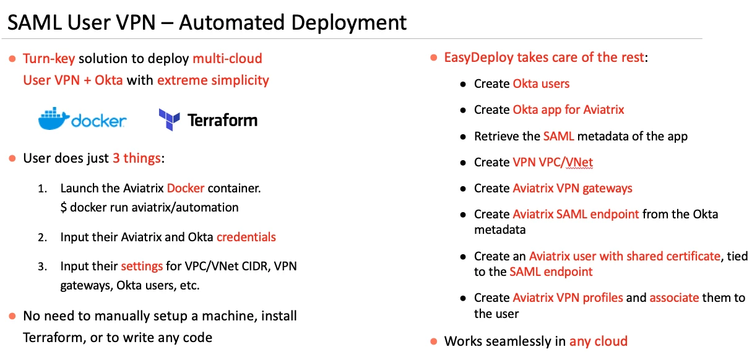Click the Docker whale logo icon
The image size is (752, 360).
click(53, 119)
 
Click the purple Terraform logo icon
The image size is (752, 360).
click(169, 119)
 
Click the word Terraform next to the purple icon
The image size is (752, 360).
click(222, 119)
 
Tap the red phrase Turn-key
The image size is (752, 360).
click(49, 59)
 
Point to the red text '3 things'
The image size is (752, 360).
click(136, 158)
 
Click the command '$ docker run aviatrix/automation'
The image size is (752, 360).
click(149, 207)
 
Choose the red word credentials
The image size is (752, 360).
click(246, 237)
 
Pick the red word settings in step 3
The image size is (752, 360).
click(142, 267)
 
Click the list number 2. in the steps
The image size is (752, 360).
click(42, 237)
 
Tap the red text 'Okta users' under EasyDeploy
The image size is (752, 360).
click(541, 84)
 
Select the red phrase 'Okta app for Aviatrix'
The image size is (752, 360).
click(568, 110)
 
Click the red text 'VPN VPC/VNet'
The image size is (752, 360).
click(553, 163)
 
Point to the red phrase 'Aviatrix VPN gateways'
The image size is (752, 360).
click(573, 188)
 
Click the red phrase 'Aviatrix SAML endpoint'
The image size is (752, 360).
click(576, 215)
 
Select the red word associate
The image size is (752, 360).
click(674, 298)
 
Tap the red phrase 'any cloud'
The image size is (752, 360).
click(599, 341)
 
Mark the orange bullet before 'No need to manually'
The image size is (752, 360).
click(12, 317)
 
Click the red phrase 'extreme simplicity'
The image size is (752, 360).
click(213, 80)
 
